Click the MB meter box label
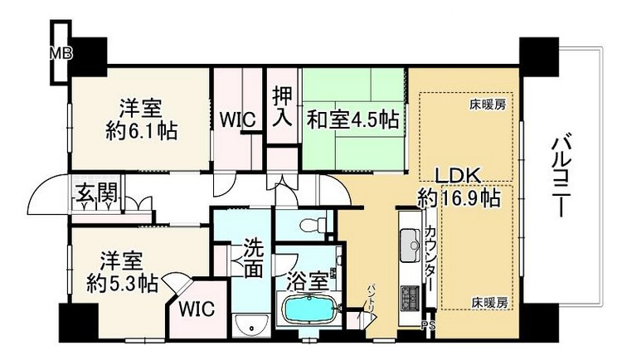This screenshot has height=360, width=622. [x=61, y=53]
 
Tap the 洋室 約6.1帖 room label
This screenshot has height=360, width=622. [x=141, y=119]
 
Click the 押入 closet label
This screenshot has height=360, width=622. [x=283, y=106]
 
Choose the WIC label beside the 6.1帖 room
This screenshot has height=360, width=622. [x=238, y=119]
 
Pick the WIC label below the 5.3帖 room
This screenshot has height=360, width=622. [x=196, y=309]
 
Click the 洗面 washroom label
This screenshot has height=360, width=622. [x=253, y=258]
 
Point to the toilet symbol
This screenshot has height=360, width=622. [x=312, y=226]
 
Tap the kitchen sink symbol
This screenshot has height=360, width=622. [x=410, y=246]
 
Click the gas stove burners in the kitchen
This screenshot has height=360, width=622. [x=411, y=297]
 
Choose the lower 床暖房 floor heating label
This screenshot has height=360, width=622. [x=489, y=303]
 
